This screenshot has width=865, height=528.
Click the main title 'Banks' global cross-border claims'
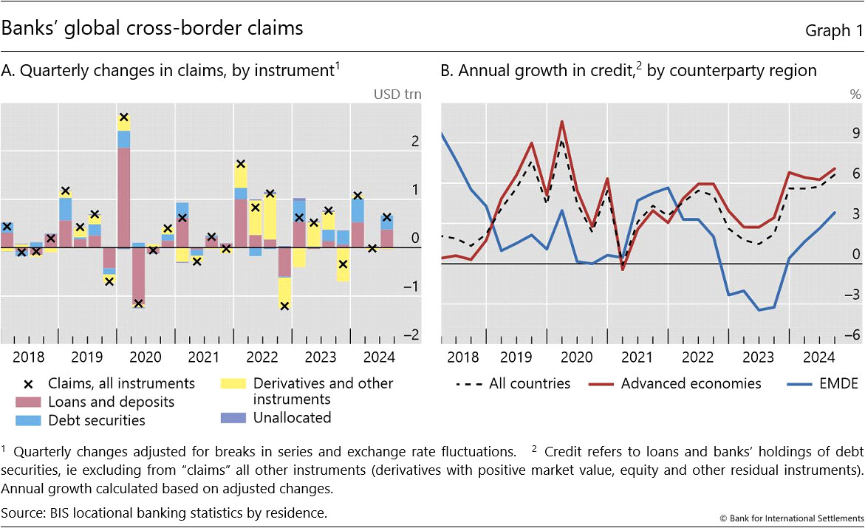[x=152, y=29]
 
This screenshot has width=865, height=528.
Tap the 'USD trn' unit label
[x=398, y=94]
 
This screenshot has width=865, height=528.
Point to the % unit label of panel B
[x=855, y=94]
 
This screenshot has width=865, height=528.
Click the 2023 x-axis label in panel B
[x=759, y=357]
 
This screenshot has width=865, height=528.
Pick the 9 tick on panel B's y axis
[x=856, y=133]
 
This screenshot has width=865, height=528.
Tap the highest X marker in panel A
[x=124, y=117]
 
